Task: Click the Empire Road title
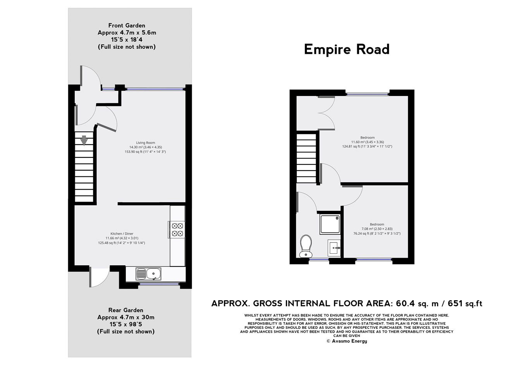346,50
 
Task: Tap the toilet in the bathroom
306,246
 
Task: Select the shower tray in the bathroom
330,224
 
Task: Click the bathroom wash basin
334,248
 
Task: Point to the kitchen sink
149,274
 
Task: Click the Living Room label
145,143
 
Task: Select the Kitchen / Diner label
122,234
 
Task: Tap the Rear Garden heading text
126,310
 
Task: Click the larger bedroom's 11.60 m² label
367,142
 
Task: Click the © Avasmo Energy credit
346,341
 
